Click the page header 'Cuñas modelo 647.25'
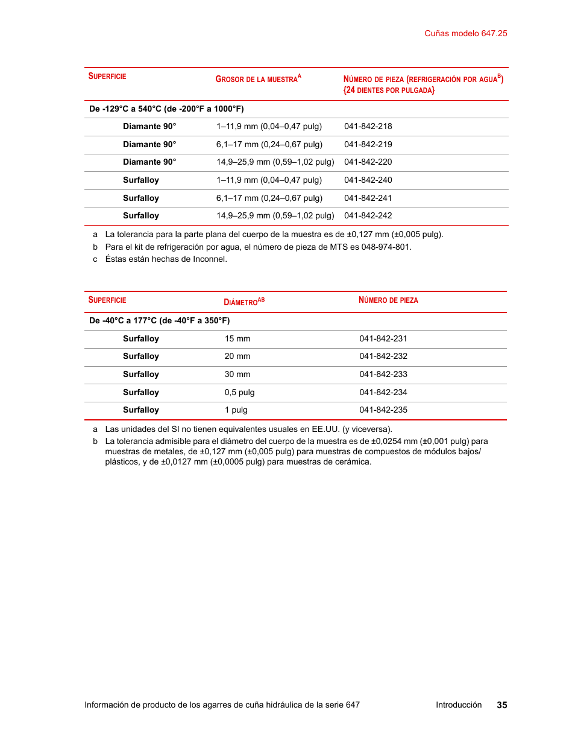coord(465,34)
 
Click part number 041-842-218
coord(368,127)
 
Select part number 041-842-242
coord(368,216)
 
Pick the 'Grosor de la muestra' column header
coord(258,79)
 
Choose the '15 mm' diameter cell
coord(237,339)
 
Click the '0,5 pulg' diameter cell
coord(239,393)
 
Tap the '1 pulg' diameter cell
coord(236,410)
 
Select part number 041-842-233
coord(383,375)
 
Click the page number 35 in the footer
coord(501,705)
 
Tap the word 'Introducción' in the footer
coord(459,705)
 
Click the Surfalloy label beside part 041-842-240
coord(141,180)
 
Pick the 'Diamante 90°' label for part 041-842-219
coord(149,145)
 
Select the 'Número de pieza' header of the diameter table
coord(388,300)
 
